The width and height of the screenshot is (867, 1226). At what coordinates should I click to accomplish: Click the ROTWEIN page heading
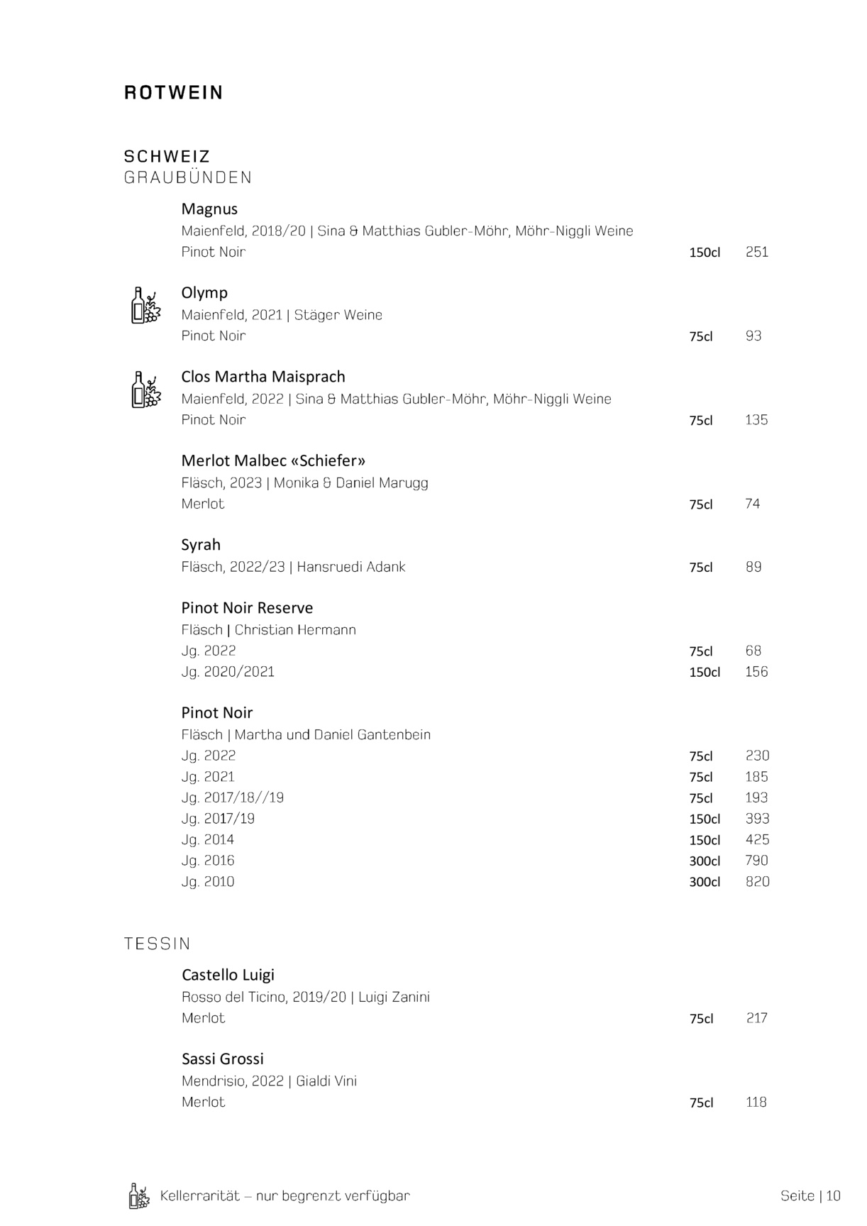click(173, 93)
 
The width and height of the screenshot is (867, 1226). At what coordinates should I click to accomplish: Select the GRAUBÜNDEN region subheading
click(188, 177)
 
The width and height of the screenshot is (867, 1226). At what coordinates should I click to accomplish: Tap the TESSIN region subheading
click(158, 944)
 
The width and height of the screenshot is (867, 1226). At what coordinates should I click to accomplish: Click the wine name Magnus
click(209, 209)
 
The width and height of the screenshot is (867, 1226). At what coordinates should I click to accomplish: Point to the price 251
click(757, 252)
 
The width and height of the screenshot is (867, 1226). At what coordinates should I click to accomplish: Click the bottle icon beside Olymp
click(145, 306)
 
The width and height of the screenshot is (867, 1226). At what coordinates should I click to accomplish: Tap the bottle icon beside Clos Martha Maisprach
click(145, 390)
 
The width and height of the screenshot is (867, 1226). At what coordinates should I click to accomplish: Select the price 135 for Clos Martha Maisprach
click(756, 420)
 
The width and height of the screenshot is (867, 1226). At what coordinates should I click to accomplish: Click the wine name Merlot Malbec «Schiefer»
click(273, 461)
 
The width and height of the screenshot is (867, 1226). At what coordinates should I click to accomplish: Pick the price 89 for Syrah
click(753, 567)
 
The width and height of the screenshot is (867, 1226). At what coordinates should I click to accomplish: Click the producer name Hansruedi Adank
click(351, 567)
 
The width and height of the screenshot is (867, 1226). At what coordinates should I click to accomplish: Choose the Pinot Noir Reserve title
click(247, 608)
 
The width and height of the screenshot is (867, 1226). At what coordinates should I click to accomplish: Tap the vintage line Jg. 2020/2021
click(228, 672)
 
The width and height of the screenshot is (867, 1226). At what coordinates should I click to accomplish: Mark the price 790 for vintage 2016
click(757, 861)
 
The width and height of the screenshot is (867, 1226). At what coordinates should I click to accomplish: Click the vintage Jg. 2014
click(208, 840)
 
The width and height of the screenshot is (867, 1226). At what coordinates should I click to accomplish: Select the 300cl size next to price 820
click(705, 882)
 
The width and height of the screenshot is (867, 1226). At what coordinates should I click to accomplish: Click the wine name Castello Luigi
click(228, 975)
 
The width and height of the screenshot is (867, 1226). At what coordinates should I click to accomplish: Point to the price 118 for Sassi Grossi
click(756, 1103)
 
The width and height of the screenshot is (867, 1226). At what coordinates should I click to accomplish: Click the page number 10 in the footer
click(833, 1196)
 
